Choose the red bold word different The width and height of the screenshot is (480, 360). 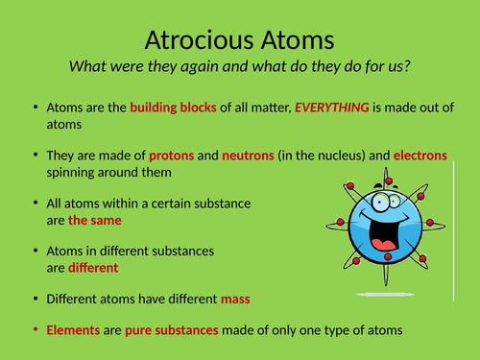tap(93, 268)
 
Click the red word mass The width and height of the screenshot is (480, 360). tap(235, 299)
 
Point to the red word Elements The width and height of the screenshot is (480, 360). tap(72, 329)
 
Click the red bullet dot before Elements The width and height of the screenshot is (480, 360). tap(36, 329)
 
